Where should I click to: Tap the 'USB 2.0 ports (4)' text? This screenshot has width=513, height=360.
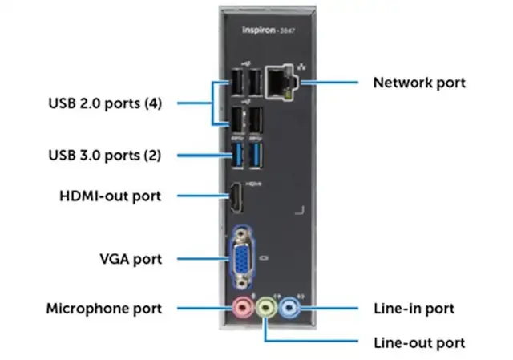[x=109, y=103]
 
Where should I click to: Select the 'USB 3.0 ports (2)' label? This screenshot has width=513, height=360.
[x=109, y=155]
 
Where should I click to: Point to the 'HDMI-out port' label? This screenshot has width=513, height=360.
[x=111, y=195]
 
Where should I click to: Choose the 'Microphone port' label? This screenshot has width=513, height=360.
[x=103, y=308]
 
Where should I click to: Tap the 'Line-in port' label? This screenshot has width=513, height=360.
[x=414, y=308]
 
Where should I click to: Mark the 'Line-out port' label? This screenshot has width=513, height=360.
[x=419, y=343]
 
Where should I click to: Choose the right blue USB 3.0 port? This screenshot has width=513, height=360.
[x=257, y=156]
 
